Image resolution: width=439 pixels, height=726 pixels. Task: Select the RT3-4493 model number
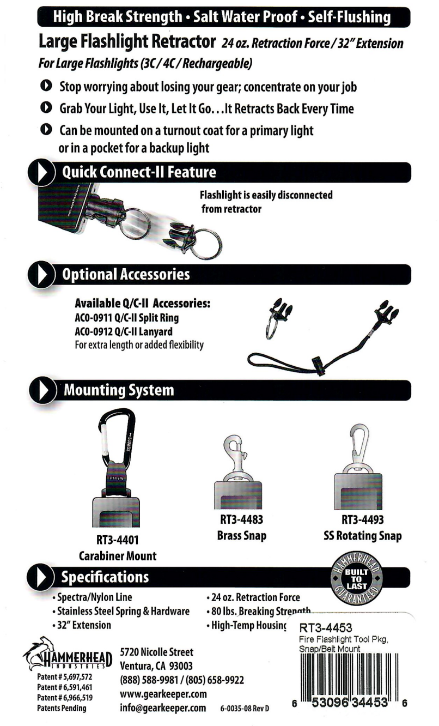(x=362, y=520)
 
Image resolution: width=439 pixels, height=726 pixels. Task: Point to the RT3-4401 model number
(x=118, y=540)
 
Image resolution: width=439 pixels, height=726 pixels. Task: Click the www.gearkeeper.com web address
(x=163, y=694)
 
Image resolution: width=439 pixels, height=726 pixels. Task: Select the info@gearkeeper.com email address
(x=163, y=708)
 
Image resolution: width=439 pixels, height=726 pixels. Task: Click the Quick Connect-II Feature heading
(x=139, y=172)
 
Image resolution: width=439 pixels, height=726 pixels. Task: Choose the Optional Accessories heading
(x=126, y=274)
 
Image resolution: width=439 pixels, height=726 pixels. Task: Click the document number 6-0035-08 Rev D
(x=245, y=709)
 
